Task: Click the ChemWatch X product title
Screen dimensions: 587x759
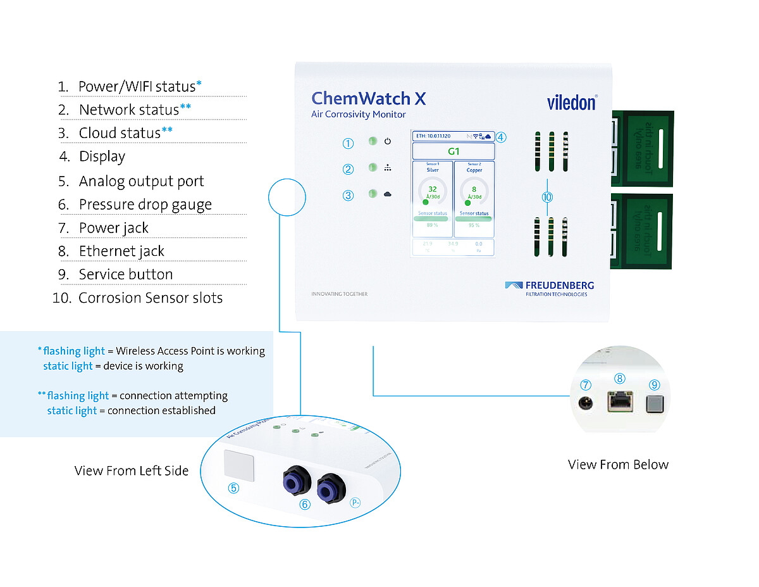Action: click(368, 99)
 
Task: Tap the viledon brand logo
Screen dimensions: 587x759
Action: click(571, 103)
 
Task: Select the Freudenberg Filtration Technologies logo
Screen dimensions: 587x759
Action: click(550, 288)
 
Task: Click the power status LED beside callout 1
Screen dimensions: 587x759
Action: click(373, 141)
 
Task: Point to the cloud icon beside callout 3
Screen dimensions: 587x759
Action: click(388, 195)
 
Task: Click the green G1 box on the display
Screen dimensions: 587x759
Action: click(453, 151)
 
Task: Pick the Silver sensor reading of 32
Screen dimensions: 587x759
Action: click(433, 189)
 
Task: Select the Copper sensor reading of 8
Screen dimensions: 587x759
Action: click(474, 189)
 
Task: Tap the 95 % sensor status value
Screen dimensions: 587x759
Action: click(474, 225)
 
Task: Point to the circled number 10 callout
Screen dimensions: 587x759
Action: click(548, 197)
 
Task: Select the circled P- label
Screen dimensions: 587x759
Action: click(356, 503)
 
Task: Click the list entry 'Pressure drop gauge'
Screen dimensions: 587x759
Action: click(145, 205)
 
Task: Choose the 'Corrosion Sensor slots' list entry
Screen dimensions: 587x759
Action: click(150, 298)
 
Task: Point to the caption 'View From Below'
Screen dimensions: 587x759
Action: click(618, 465)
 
